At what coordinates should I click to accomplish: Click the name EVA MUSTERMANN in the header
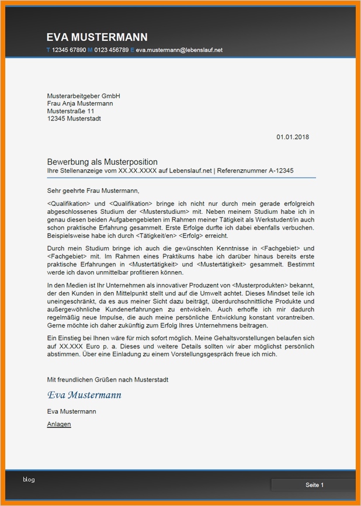point(97,37)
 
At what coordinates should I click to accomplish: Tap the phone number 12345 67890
point(69,50)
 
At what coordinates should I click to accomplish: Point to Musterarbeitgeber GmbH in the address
point(84,96)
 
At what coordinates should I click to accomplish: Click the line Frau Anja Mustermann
point(80,103)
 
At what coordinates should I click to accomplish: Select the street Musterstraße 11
point(71,111)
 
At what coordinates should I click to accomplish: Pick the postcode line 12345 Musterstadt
point(74,119)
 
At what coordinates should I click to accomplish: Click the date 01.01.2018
point(293,137)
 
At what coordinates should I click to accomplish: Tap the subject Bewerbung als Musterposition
point(102,162)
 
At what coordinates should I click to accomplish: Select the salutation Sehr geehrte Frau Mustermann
point(93,190)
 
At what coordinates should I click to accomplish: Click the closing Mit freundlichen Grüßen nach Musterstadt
point(107,379)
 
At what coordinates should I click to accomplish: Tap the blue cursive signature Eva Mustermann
point(84,395)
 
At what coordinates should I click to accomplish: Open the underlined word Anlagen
point(59,424)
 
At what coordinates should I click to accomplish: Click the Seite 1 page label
point(314,485)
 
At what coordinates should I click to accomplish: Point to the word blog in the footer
point(29,480)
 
